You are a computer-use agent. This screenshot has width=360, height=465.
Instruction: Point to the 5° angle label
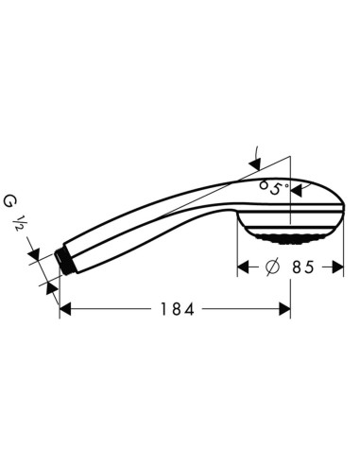point(275,188)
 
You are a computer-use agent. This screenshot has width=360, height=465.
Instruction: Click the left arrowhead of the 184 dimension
point(65,309)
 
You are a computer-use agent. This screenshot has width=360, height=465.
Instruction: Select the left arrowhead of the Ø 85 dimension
point(241,267)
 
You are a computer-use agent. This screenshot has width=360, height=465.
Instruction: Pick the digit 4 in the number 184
point(192,309)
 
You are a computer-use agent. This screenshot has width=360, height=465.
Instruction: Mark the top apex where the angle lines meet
point(290,157)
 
